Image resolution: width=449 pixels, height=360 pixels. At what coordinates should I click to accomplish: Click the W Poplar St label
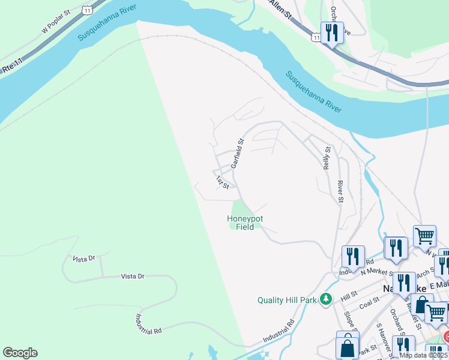pyautogui.click(x=56, y=25)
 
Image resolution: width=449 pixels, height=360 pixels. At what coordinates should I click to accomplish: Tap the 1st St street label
pyautogui.click(x=223, y=182)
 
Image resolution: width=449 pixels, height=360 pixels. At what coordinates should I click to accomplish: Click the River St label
pyautogui.click(x=340, y=191)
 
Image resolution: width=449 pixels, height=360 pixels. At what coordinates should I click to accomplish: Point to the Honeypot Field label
pyautogui.click(x=245, y=223)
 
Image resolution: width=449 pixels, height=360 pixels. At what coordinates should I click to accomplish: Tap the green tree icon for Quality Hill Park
pyautogui.click(x=326, y=298)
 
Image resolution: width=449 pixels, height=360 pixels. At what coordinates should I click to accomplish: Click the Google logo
pyautogui.click(x=20, y=353)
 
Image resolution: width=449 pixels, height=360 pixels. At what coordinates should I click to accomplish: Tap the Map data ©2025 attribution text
pyautogui.click(x=423, y=355)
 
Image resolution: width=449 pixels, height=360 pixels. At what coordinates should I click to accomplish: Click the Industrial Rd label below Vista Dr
pyautogui.click(x=149, y=315)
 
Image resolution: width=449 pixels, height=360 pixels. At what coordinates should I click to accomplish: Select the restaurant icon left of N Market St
pyautogui.click(x=352, y=256)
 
